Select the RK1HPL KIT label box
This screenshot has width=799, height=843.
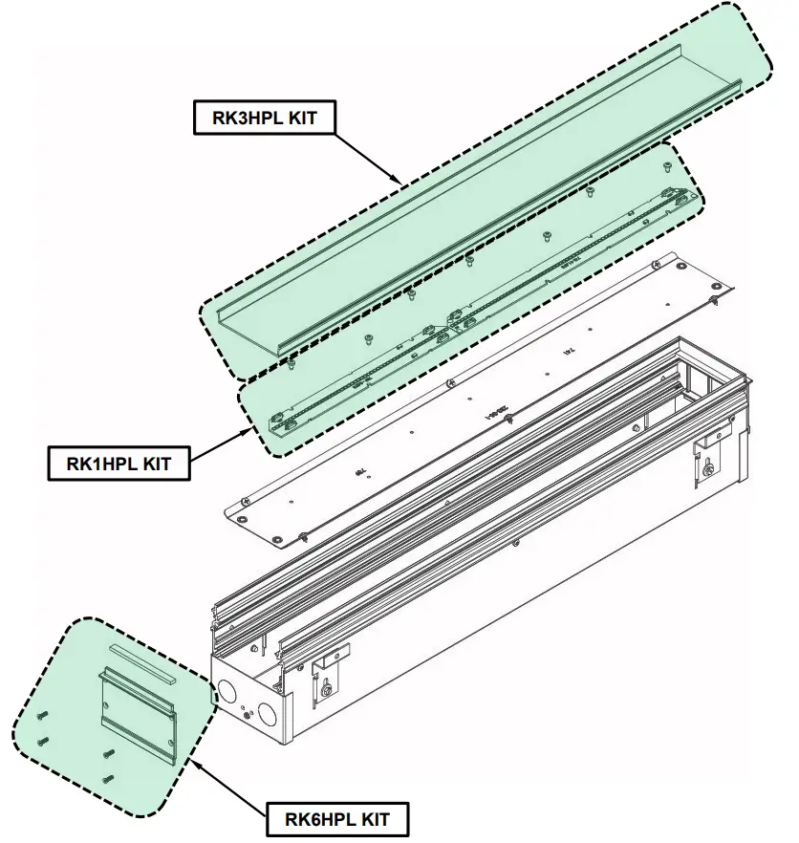(x=118, y=465)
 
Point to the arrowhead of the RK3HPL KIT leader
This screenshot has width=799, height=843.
(x=398, y=180)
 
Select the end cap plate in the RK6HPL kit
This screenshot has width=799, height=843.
(x=138, y=712)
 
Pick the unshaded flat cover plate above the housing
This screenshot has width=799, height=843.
(x=478, y=401)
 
